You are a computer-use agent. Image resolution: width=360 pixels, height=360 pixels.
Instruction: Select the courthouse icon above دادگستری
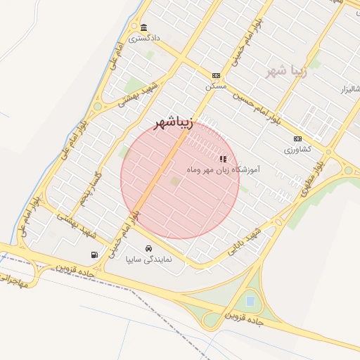143,27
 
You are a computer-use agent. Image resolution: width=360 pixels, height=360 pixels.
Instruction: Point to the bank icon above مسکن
215,75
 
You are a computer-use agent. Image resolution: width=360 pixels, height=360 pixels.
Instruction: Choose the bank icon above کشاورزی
298,139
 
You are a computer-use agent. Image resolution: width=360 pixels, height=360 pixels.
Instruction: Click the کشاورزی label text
298,150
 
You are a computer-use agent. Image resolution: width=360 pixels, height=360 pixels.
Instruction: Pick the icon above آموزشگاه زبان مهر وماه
224,160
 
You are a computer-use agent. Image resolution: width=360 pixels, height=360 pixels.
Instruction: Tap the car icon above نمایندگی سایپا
149,249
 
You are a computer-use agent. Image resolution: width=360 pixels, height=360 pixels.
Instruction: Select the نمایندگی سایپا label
149,259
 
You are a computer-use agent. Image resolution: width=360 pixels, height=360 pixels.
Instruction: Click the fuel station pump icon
94,255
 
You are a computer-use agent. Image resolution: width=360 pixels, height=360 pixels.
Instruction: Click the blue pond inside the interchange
250,302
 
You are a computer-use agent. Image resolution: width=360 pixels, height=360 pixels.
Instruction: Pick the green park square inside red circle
175,182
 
